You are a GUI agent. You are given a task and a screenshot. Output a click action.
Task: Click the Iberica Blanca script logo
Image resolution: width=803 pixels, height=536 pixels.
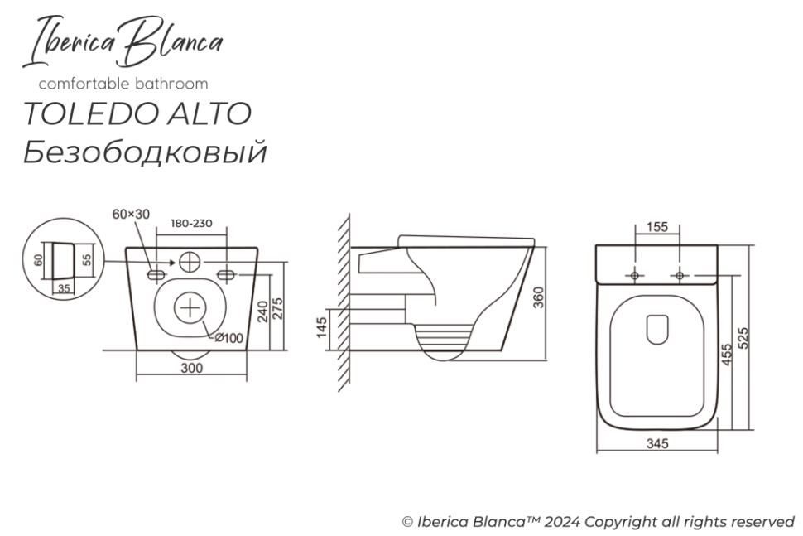pyautogui.click(x=126, y=42)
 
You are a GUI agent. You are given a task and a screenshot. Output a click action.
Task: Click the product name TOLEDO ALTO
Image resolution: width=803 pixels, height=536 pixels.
pyautogui.click(x=137, y=114)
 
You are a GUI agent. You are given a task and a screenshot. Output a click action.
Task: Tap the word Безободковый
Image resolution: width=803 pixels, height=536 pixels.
pyautogui.click(x=145, y=152)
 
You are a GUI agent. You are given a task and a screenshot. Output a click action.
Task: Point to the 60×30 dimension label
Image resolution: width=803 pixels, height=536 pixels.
pyautogui.click(x=131, y=214)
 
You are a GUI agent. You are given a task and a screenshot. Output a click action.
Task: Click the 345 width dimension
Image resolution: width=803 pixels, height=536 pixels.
pyautogui.click(x=657, y=444)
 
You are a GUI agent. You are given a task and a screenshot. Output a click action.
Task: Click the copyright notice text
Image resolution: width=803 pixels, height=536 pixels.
pyautogui.click(x=598, y=522)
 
